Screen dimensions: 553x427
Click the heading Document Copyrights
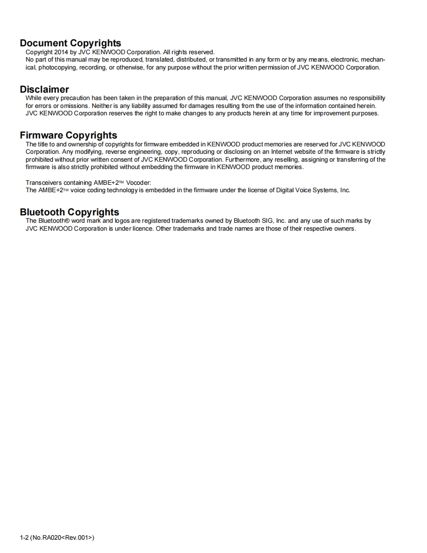(x=70, y=43)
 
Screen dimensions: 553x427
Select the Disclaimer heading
(x=44, y=90)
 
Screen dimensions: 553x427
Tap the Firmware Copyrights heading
(x=69, y=136)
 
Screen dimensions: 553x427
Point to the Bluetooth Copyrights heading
(x=70, y=212)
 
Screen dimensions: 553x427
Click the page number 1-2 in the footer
(x=24, y=537)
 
